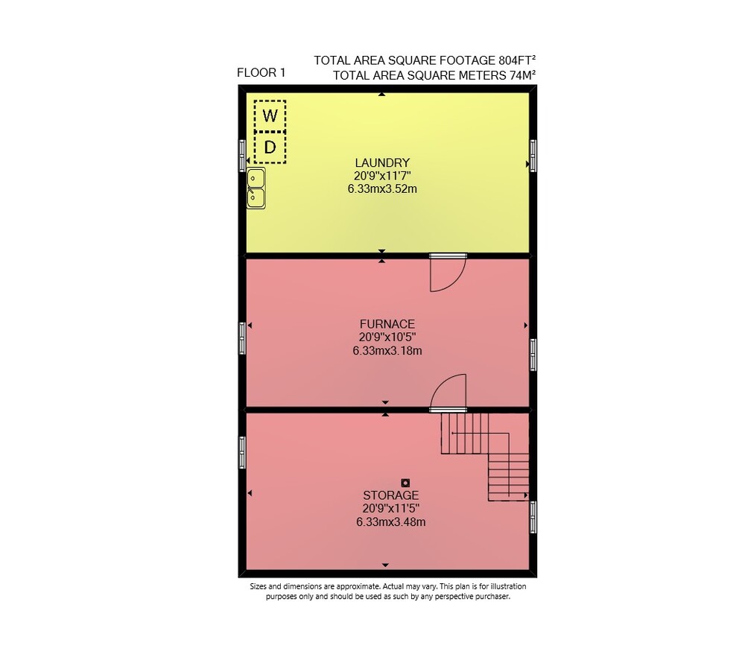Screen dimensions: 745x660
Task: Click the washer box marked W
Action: click(270, 115)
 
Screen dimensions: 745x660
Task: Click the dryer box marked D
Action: click(270, 147)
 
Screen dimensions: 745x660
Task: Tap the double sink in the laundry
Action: click(256, 188)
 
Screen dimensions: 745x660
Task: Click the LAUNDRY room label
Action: click(382, 162)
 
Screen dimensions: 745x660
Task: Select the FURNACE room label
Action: click(387, 324)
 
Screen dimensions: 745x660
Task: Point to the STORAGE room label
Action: click(390, 495)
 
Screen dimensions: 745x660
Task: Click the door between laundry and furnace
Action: click(448, 272)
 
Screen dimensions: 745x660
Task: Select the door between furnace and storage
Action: click(448, 393)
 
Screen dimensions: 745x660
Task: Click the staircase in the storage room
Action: click(485, 457)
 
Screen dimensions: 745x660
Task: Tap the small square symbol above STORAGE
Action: click(405, 483)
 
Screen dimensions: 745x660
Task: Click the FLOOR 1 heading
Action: click(261, 73)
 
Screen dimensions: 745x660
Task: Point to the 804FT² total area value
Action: click(517, 60)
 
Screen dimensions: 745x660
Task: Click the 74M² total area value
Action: click(523, 75)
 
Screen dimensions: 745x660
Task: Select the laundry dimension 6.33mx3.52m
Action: click(382, 189)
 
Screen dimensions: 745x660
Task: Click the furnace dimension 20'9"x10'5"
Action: click(387, 337)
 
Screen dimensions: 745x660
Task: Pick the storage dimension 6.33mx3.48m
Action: click(390, 521)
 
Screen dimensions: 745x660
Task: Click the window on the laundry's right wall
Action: click(533, 156)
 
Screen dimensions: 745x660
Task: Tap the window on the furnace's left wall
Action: click(242, 338)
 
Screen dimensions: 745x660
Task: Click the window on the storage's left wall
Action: click(242, 452)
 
